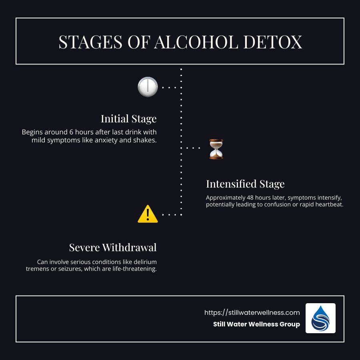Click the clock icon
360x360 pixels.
coord(148,87)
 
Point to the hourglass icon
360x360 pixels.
coord(216,149)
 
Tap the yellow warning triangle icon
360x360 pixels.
coord(148,214)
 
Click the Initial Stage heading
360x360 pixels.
coord(128,119)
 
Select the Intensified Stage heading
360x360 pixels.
coord(245,184)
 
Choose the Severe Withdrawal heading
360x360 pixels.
coord(113,248)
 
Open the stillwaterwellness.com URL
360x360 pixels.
coord(252,312)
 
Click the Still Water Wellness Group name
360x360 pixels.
coord(256,324)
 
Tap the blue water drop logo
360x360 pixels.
coord(320,318)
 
